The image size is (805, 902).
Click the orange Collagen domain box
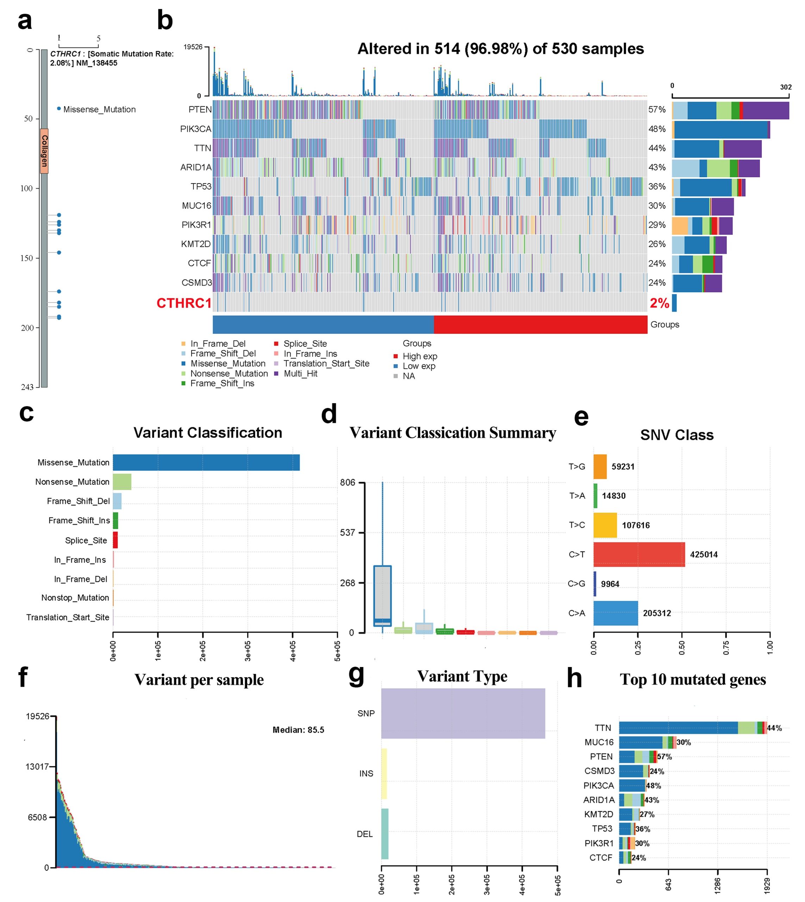click(x=44, y=151)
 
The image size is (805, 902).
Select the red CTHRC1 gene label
click(x=183, y=303)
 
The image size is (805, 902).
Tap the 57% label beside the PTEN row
click(x=657, y=109)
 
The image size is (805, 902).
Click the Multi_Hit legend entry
click(x=300, y=373)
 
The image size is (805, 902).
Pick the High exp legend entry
click(x=419, y=356)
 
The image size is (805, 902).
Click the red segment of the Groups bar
click(x=540, y=325)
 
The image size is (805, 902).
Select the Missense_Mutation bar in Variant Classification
click(x=206, y=463)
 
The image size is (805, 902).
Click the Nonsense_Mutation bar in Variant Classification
click(x=122, y=482)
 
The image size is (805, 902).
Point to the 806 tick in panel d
click(x=348, y=482)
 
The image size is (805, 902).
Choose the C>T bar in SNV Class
click(x=639, y=555)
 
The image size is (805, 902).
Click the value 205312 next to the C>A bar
click(x=657, y=613)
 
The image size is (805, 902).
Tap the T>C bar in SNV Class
click(x=605, y=525)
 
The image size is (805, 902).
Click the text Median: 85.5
click(x=298, y=730)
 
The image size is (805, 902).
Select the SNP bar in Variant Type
click(x=463, y=713)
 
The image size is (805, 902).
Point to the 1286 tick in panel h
click(x=717, y=885)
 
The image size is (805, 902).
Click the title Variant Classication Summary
click(x=453, y=433)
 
